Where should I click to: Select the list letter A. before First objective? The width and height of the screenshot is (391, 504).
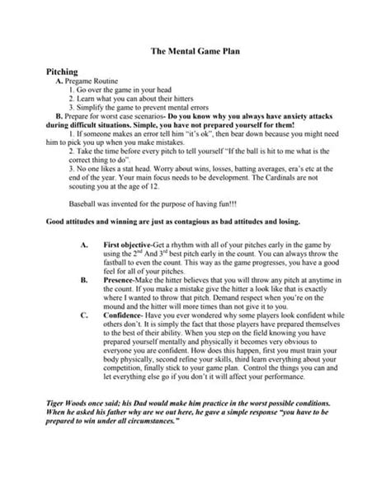pyautogui.click(x=82, y=246)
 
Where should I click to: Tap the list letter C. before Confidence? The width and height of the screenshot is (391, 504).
pyautogui.click(x=82, y=314)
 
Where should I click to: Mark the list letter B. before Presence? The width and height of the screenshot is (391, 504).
pyautogui.click(x=82, y=280)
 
